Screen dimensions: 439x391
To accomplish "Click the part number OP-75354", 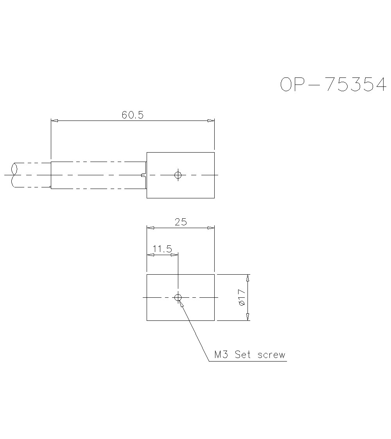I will point(334,85).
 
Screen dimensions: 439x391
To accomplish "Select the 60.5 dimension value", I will point(133,115).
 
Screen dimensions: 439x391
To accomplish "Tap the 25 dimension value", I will point(181,222).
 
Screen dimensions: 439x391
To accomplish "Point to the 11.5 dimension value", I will point(162,249).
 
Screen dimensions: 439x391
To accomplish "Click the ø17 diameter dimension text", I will point(241,297).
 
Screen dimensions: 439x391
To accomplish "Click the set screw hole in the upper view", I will point(178,175).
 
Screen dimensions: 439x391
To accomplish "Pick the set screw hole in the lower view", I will point(178,298).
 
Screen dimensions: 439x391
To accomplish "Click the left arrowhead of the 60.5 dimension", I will point(55,121).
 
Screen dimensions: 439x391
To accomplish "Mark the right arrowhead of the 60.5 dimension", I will point(211,121).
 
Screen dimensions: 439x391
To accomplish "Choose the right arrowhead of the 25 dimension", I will point(211,228).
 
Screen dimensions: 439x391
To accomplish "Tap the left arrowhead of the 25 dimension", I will point(150,228).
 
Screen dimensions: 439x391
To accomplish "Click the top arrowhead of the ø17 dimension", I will point(248,278).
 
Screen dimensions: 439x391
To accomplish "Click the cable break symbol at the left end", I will point(15,175).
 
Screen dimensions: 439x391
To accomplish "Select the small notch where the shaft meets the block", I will point(143,175).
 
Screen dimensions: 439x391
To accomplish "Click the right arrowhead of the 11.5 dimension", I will point(174,255).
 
